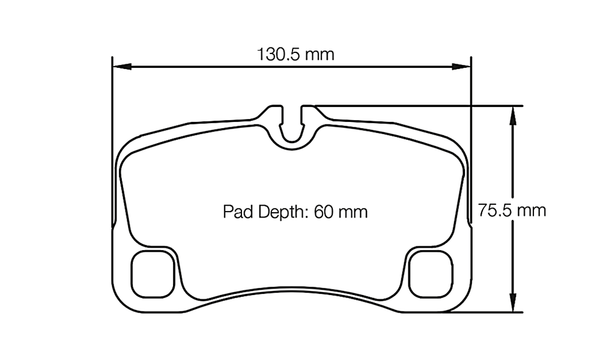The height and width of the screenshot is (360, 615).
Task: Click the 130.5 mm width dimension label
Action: pos(295,55)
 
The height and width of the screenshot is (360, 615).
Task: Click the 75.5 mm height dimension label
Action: pos(512,210)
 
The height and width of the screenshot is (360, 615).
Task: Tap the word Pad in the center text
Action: pos(235,212)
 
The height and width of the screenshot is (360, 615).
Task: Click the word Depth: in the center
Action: pos(281,212)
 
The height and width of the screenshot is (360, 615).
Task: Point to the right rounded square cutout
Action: pos(430,273)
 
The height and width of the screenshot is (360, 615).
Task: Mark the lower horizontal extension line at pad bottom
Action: pos(486,313)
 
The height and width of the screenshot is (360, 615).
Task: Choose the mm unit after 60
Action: pos(353,212)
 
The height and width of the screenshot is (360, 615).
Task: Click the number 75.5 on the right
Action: pos(495,210)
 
